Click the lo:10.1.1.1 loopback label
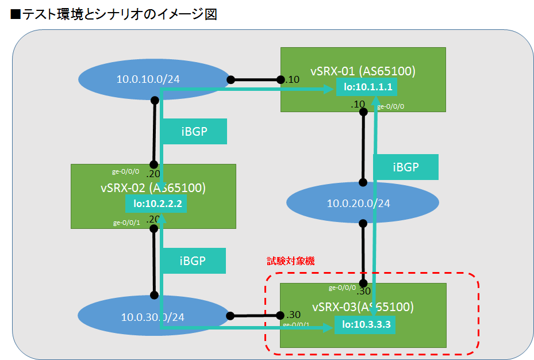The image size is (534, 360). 367,88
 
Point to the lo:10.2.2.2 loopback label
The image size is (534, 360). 157,203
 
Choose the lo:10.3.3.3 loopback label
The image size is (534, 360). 366,325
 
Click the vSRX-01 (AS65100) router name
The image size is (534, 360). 363,71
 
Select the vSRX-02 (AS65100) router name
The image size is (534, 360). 153,187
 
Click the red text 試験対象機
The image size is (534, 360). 291,261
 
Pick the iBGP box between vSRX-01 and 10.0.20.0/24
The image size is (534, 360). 406,167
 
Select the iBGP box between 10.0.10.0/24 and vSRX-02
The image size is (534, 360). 194,132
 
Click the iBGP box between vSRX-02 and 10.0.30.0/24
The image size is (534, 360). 193,261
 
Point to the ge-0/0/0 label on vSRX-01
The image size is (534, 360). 390,106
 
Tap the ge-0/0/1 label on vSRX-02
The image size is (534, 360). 126,223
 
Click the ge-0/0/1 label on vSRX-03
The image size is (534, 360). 296,325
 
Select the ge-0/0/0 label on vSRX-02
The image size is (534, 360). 125,171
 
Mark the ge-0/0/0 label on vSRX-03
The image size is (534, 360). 342,288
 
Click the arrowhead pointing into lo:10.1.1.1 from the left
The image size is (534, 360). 332,89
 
